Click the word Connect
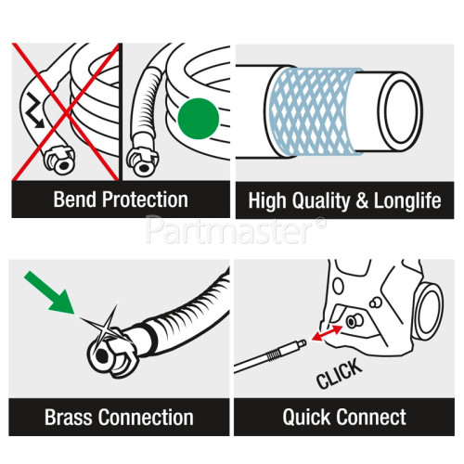369,417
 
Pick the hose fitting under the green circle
148,161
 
